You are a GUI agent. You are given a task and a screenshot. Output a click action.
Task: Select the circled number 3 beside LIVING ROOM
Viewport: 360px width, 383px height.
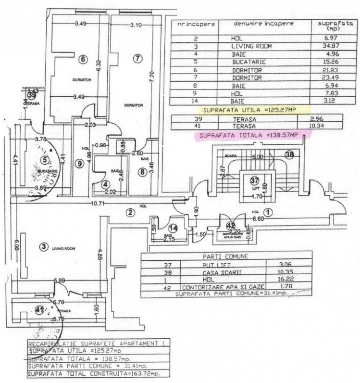coord(44,247)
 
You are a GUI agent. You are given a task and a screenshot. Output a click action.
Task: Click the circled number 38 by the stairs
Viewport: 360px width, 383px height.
coord(289,154)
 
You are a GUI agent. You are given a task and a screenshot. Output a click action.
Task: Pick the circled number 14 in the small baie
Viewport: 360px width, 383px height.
coord(174,228)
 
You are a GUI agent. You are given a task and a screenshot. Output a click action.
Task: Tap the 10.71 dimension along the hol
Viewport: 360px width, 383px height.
coord(99,204)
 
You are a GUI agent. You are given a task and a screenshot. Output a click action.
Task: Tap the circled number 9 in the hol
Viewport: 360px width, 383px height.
coord(80,163)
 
